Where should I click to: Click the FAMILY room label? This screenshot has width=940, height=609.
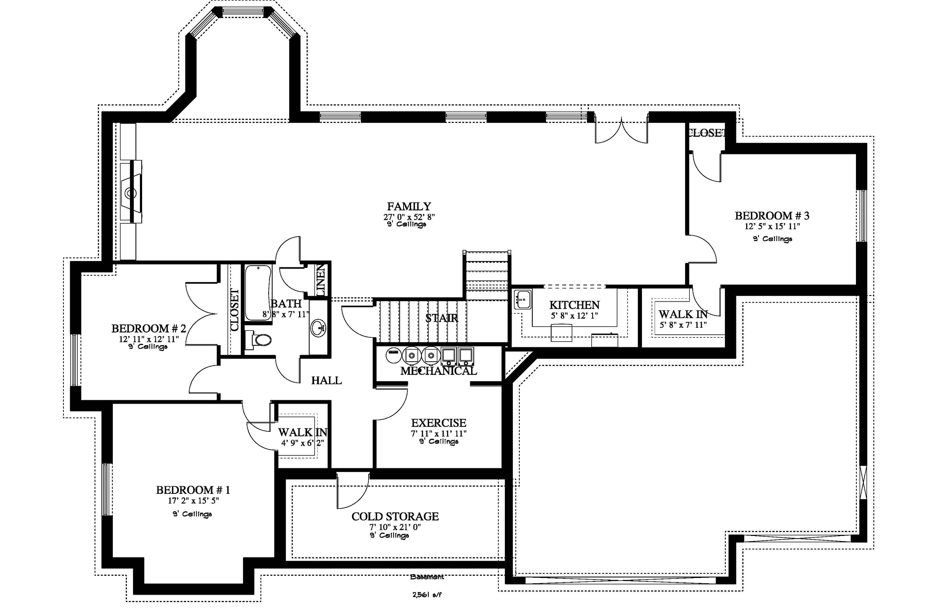tap(409, 207)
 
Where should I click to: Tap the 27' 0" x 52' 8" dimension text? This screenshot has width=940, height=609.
tap(409, 217)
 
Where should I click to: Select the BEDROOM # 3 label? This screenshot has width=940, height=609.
tap(772, 216)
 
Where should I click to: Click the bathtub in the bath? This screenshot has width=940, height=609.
tap(258, 292)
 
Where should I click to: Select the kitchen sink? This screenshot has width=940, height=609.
tap(523, 299)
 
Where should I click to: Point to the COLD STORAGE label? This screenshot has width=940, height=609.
tap(395, 517)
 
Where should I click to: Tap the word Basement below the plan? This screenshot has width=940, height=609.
tap(427, 577)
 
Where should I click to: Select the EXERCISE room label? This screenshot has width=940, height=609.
tap(438, 423)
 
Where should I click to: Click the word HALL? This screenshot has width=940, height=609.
tap(326, 380)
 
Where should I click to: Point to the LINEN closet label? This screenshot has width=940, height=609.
tap(321, 280)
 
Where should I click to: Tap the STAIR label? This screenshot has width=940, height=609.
tap(442, 318)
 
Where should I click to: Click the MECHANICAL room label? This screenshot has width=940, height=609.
tap(438, 371)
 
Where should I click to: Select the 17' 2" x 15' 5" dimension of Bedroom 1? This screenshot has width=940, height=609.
tap(193, 501)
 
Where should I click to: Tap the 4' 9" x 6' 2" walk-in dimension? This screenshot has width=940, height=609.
tap(302, 443)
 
